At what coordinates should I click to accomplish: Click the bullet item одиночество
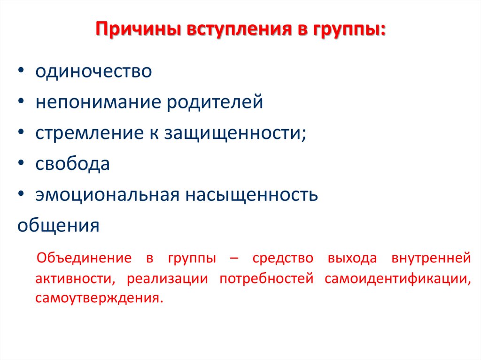click(93, 72)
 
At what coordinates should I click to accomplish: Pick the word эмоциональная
click(108, 195)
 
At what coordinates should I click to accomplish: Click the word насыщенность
click(251, 195)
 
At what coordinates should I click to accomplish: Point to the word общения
click(58, 226)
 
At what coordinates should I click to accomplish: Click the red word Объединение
click(83, 258)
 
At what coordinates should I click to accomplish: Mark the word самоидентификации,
click(397, 278)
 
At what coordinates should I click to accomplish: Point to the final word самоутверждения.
click(99, 299)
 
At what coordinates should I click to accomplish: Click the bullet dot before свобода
click(22, 164)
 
